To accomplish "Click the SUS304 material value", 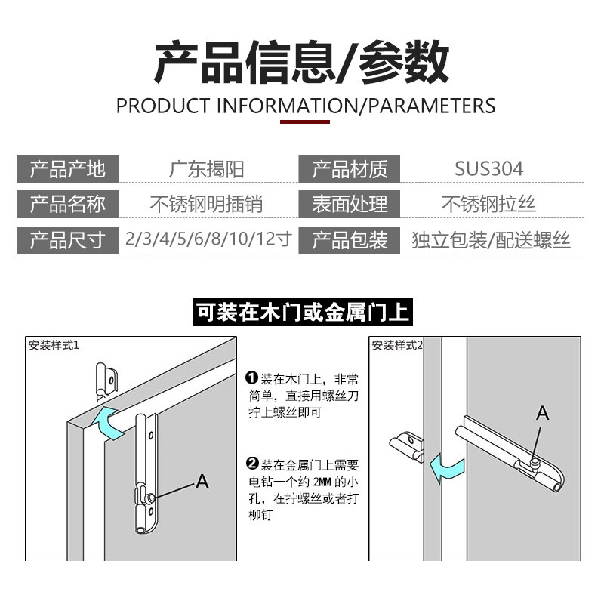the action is click(488, 168).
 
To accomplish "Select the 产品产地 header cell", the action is click(68, 168).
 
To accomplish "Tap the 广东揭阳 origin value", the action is click(206, 169).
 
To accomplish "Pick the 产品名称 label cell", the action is click(68, 204).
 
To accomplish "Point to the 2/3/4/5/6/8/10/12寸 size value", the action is click(208, 239).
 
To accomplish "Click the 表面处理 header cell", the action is click(350, 204).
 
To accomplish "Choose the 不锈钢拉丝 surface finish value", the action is click(488, 204).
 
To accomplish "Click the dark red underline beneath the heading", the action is click(305, 122).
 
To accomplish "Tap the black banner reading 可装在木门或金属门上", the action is click(303, 312).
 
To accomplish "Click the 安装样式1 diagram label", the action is click(54, 345).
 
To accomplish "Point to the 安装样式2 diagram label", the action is click(397, 345).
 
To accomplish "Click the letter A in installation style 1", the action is click(202, 482).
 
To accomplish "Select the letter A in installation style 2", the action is click(542, 413).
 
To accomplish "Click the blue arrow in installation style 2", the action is click(446, 468).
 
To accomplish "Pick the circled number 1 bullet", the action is click(252, 377).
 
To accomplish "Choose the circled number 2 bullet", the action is click(252, 463).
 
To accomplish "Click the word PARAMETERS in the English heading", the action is click(432, 106).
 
